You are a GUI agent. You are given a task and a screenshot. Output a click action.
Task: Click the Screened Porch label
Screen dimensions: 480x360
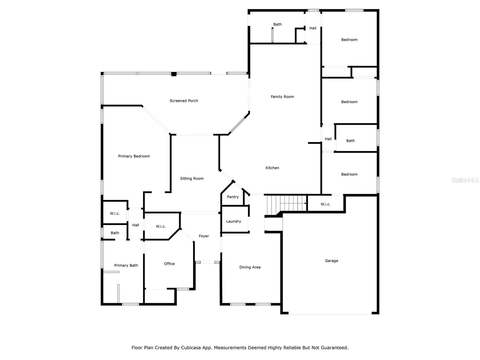pos(184,101)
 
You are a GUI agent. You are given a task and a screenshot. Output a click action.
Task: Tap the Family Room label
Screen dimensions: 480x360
pos(282,97)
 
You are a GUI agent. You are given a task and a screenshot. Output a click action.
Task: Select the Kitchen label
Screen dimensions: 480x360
pos(272,168)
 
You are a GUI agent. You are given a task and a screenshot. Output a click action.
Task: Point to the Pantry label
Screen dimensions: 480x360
pos(233,197)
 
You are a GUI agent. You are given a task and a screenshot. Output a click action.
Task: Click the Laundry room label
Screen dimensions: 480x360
pos(233,221)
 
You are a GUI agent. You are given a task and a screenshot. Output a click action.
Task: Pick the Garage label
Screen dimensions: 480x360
pos(331,261)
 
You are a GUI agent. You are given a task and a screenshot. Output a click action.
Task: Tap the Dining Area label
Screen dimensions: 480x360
pos(250,267)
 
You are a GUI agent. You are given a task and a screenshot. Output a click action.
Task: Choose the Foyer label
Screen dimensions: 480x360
pos(204,236)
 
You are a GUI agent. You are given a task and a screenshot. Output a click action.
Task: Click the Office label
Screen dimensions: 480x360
pos(169,264)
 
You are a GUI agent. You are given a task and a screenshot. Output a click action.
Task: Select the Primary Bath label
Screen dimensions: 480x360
pos(126,265)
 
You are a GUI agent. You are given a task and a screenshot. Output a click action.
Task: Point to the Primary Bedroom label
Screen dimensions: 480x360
pos(134,156)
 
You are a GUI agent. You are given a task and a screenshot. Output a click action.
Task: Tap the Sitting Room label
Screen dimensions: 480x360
pos(192,178)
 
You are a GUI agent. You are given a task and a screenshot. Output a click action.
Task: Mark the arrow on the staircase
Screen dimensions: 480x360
pos(293,203)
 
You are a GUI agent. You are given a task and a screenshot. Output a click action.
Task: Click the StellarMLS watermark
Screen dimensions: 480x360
pos(465,180)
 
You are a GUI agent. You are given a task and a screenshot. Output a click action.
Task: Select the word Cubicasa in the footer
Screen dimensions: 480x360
pos(191,348)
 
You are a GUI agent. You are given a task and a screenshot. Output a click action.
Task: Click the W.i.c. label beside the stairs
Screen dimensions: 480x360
pos(325,204)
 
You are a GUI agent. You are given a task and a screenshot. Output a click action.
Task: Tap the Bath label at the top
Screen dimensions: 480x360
pos(277,25)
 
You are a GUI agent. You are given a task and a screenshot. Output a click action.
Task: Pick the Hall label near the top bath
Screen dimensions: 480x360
pos(313,28)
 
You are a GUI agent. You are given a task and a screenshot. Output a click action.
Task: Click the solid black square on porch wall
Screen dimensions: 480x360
pos(174,74)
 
